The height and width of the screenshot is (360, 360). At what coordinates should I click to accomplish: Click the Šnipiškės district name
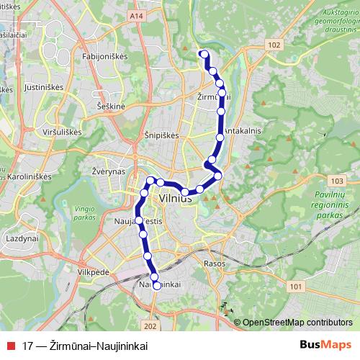(x=153, y=135)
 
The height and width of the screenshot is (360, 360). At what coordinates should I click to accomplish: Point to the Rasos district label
(x=214, y=263)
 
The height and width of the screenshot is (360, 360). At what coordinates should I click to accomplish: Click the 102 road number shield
(x=273, y=45)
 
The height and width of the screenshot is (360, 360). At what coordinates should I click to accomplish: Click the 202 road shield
(x=149, y=305)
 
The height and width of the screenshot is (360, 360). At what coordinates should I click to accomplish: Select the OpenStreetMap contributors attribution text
(x=297, y=323)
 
